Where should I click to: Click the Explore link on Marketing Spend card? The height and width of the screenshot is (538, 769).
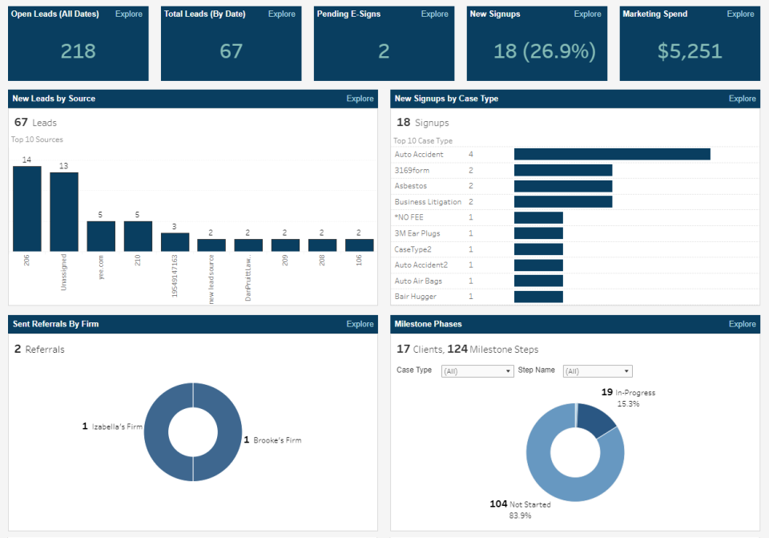pyautogui.click(x=740, y=14)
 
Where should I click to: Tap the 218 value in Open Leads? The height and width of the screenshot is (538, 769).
pyautogui.click(x=79, y=51)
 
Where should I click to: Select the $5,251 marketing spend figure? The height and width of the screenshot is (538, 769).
pyautogui.click(x=690, y=51)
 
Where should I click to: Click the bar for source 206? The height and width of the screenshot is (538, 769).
pyautogui.click(x=27, y=208)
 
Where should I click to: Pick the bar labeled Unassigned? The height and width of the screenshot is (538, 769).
pyautogui.click(x=64, y=212)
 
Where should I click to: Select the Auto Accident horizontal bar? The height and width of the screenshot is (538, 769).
pyautogui.click(x=612, y=154)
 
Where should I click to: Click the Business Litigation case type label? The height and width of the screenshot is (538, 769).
pyautogui.click(x=428, y=202)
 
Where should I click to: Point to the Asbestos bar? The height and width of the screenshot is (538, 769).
pyautogui.click(x=563, y=186)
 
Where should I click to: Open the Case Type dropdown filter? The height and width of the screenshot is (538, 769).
pyautogui.click(x=477, y=371)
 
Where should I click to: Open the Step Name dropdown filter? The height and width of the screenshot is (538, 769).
pyautogui.click(x=598, y=371)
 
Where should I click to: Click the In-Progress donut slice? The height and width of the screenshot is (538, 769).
pyautogui.click(x=596, y=419)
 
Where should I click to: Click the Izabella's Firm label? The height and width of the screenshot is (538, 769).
pyautogui.click(x=116, y=427)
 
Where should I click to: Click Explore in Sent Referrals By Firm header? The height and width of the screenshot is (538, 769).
pyautogui.click(x=360, y=324)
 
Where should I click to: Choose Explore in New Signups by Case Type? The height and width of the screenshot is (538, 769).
pyautogui.click(x=742, y=99)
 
